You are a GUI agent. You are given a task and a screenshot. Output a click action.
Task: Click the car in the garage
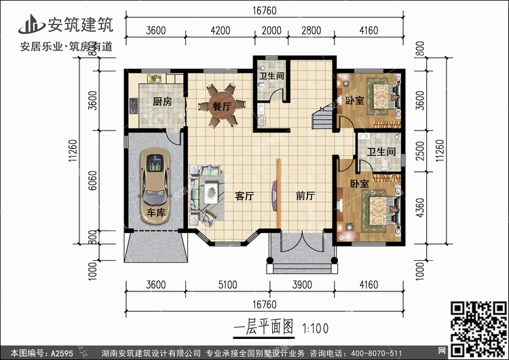tap(155, 186)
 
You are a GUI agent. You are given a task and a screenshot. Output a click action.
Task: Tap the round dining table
tap(222, 105)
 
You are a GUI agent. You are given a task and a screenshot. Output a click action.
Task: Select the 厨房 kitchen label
tap(162, 102)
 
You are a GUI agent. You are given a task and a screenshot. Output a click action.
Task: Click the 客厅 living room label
tap(244, 196)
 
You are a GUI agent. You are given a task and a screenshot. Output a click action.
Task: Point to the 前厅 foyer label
tap(305, 196)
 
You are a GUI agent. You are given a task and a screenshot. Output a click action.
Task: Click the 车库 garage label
tap(156, 213)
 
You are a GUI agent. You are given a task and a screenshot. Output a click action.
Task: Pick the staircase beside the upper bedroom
tap(322, 117)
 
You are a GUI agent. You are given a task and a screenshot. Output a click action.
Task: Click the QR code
tap(478, 329)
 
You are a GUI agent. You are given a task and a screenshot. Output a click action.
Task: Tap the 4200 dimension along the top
tap(221, 31)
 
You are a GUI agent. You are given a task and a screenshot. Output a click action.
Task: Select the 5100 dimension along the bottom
tap(227, 285)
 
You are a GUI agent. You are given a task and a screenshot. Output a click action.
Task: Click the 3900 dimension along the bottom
tap(302, 285)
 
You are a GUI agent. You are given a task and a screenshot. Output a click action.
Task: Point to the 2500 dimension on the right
tap(419, 151)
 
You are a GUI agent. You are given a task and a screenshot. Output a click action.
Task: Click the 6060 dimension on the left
tap(92, 181)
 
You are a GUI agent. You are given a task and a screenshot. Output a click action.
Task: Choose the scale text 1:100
tap(315, 329)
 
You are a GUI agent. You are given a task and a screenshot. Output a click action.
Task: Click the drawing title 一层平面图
tap(263, 327)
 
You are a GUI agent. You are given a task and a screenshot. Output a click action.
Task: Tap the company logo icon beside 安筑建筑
tap(31, 24)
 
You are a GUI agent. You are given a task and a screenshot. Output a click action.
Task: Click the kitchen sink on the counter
tap(155, 79)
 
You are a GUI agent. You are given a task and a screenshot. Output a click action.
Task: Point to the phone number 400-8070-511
tap(372, 353)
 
